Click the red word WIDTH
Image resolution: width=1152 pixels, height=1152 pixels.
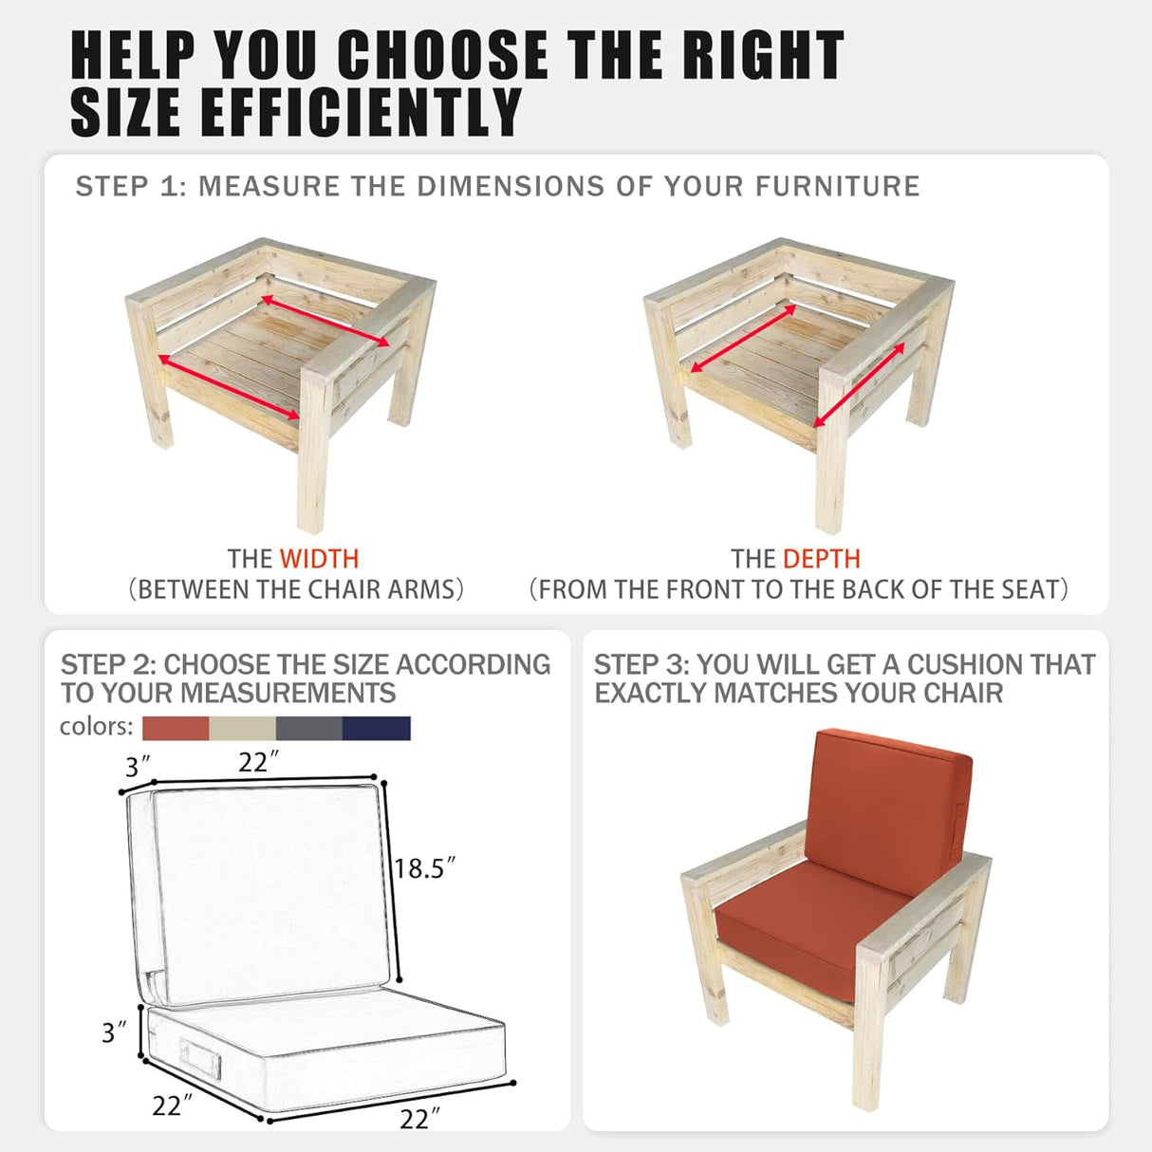tap(319, 559)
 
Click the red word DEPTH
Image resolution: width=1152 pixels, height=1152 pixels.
tap(822, 559)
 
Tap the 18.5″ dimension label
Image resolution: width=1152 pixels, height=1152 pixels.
tap(425, 868)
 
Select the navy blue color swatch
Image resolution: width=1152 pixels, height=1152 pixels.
tap(377, 728)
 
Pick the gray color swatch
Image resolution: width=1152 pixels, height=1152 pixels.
tap(309, 728)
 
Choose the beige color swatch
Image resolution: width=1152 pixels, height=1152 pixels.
tap(242, 728)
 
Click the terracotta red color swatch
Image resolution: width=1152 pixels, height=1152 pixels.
tap(176, 728)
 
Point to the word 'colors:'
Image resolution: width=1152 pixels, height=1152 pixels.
tap(96, 726)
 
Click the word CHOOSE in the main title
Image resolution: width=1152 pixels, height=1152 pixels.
tap(443, 55)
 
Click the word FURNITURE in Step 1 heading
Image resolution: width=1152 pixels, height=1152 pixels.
tap(838, 186)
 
